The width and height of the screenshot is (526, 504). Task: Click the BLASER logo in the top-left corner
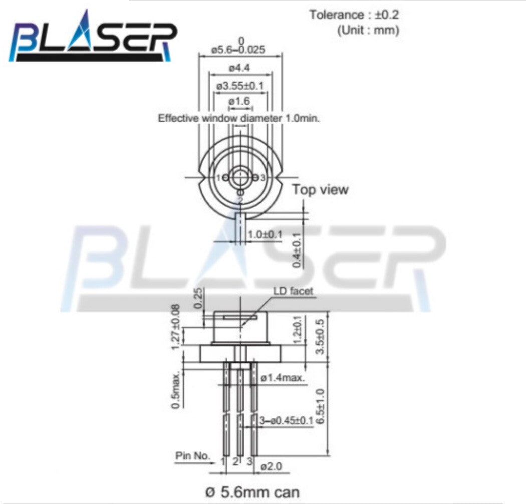93,38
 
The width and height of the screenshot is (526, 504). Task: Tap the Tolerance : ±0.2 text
354,14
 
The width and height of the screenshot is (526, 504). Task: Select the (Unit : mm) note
368,30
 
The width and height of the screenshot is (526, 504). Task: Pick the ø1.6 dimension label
239,102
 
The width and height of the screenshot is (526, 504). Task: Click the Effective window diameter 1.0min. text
239,118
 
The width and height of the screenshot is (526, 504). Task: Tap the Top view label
320,189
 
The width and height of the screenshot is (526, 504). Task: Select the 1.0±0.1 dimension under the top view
265,234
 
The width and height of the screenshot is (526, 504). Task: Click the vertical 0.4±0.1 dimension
297,249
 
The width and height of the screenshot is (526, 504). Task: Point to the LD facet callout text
293,291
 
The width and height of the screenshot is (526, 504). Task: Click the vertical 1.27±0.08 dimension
175,327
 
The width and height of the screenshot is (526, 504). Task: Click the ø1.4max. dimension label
283,378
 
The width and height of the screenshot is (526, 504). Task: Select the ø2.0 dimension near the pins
272,466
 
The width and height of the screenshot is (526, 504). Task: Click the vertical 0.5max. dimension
175,390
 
